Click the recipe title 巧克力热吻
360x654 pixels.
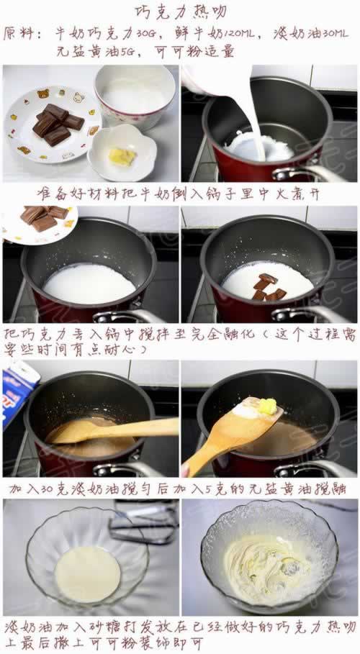tap(181, 12)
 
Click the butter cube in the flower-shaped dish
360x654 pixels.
tap(122, 156)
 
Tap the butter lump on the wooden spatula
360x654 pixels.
tap(266, 408)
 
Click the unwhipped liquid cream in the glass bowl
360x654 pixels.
tap(88, 573)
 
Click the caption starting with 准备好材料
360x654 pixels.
tap(180, 195)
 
